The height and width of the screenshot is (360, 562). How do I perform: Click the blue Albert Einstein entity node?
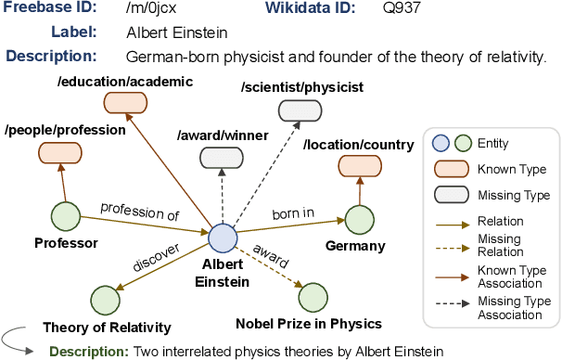(223, 238)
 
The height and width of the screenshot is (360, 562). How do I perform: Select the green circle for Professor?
(66, 217)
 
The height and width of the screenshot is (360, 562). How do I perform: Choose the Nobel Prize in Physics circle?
(313, 299)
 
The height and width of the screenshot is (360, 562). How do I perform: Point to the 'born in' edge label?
(292, 214)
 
